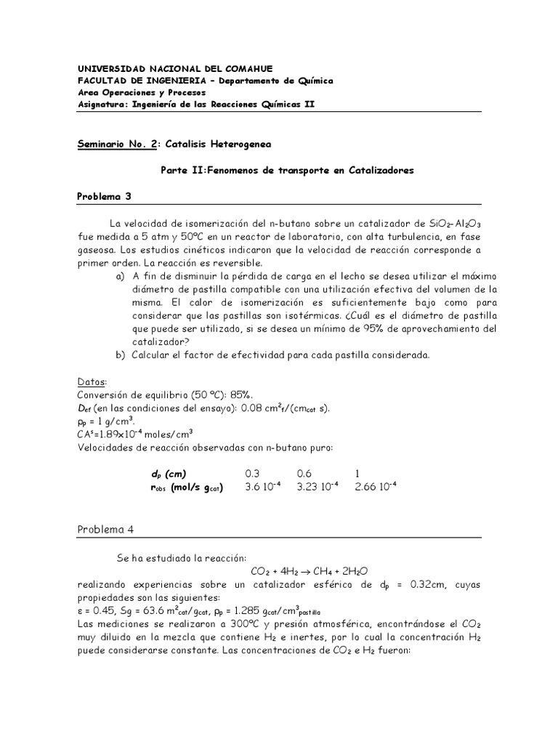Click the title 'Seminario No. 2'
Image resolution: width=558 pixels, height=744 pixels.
pos(116,145)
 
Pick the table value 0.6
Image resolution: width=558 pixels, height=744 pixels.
pos(305,473)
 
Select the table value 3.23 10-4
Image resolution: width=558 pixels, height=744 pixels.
pos(318,487)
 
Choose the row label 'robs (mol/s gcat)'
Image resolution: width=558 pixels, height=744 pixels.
pos(185,488)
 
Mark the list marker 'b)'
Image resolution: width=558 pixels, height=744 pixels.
pos(120,355)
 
